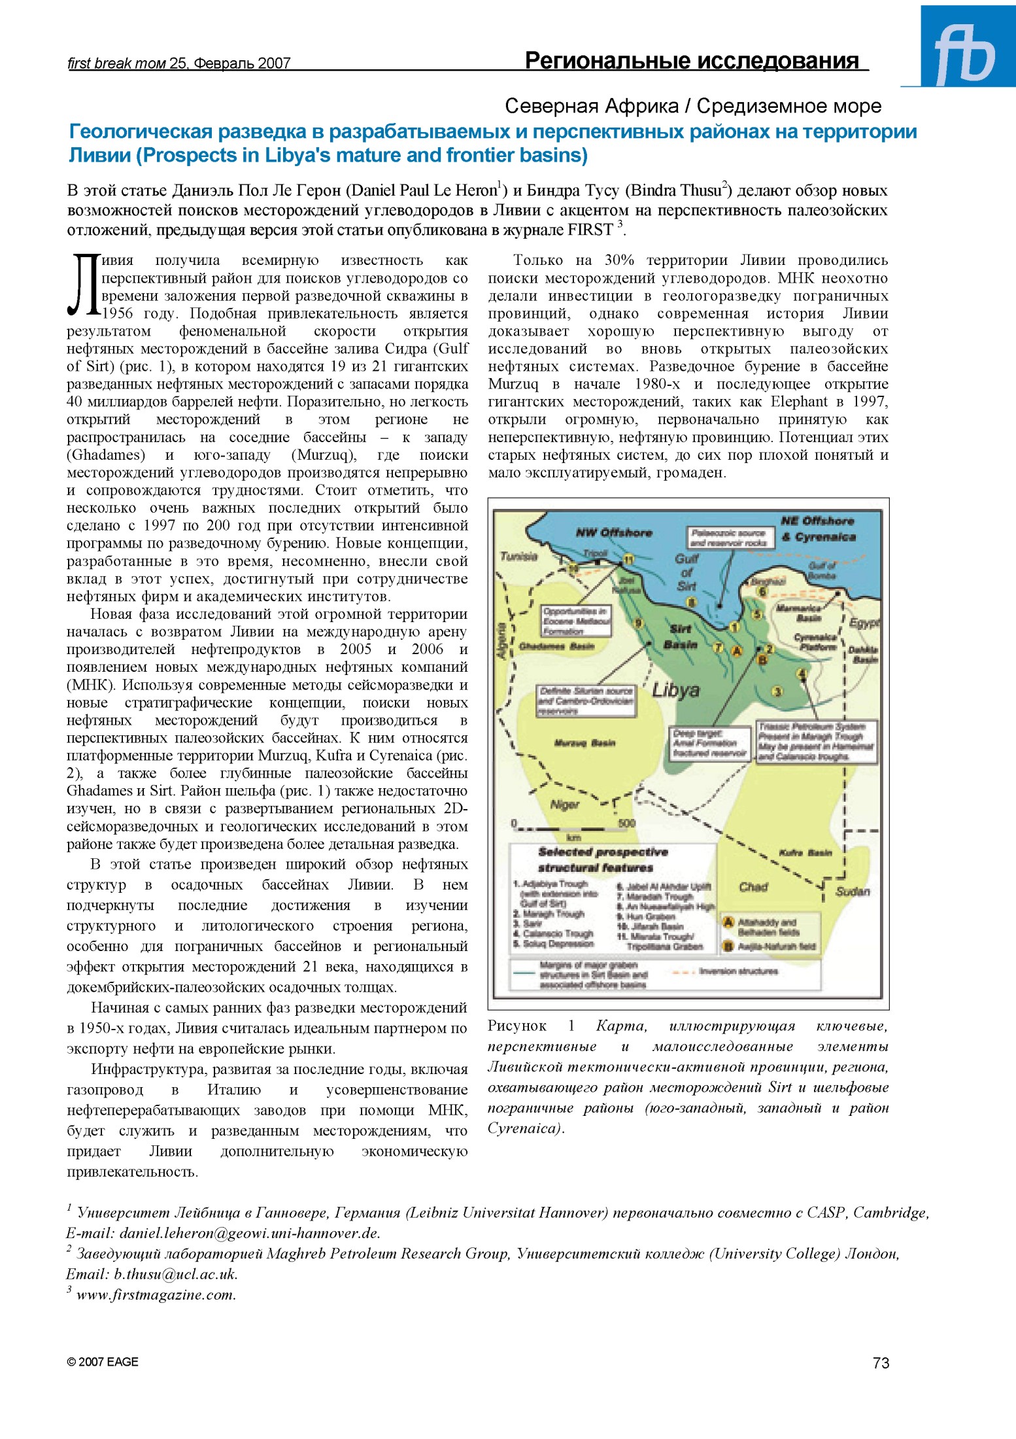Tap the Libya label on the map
(675, 691)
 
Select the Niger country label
(564, 804)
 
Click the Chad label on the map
(753, 887)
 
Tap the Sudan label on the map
(853, 892)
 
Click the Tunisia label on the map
(518, 556)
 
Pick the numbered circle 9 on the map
(639, 623)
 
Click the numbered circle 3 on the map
(777, 691)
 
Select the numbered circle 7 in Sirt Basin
(717, 648)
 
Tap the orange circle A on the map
(737, 651)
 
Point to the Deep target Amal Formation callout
(709, 744)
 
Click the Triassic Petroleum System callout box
(815, 742)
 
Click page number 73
(881, 1362)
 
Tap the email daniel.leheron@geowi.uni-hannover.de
(249, 1234)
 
